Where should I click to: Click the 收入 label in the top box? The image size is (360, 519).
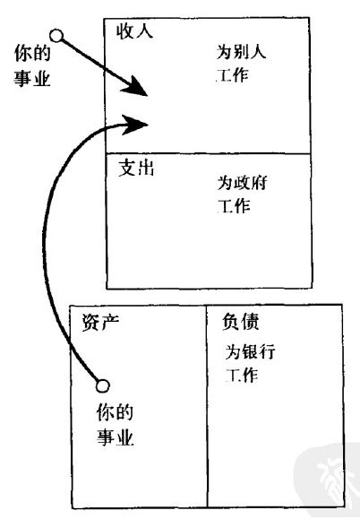(134, 31)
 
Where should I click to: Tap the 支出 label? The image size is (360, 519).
(136, 169)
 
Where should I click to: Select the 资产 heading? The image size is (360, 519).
(100, 322)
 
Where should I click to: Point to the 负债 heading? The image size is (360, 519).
(240, 322)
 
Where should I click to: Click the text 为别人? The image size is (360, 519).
(241, 52)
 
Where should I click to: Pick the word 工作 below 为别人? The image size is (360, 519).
(232, 75)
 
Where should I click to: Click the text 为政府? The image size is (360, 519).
(242, 183)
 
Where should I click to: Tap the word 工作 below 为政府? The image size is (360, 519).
(234, 206)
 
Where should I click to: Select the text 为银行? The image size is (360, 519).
(250, 351)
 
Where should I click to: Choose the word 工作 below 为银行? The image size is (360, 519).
(242, 376)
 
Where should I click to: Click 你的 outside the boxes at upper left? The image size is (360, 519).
(32, 53)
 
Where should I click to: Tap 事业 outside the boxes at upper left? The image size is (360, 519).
(32, 79)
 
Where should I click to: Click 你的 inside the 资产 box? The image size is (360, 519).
(115, 412)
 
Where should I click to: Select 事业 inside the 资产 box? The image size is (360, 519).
(115, 437)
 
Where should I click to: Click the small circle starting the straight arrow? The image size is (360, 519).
(56, 36)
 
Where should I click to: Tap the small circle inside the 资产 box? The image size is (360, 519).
(103, 385)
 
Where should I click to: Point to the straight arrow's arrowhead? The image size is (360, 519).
(135, 87)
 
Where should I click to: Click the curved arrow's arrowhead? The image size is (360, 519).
(135, 125)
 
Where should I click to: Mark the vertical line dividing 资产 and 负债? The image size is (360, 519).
(207, 406)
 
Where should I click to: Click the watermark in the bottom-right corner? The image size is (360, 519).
(327, 480)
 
